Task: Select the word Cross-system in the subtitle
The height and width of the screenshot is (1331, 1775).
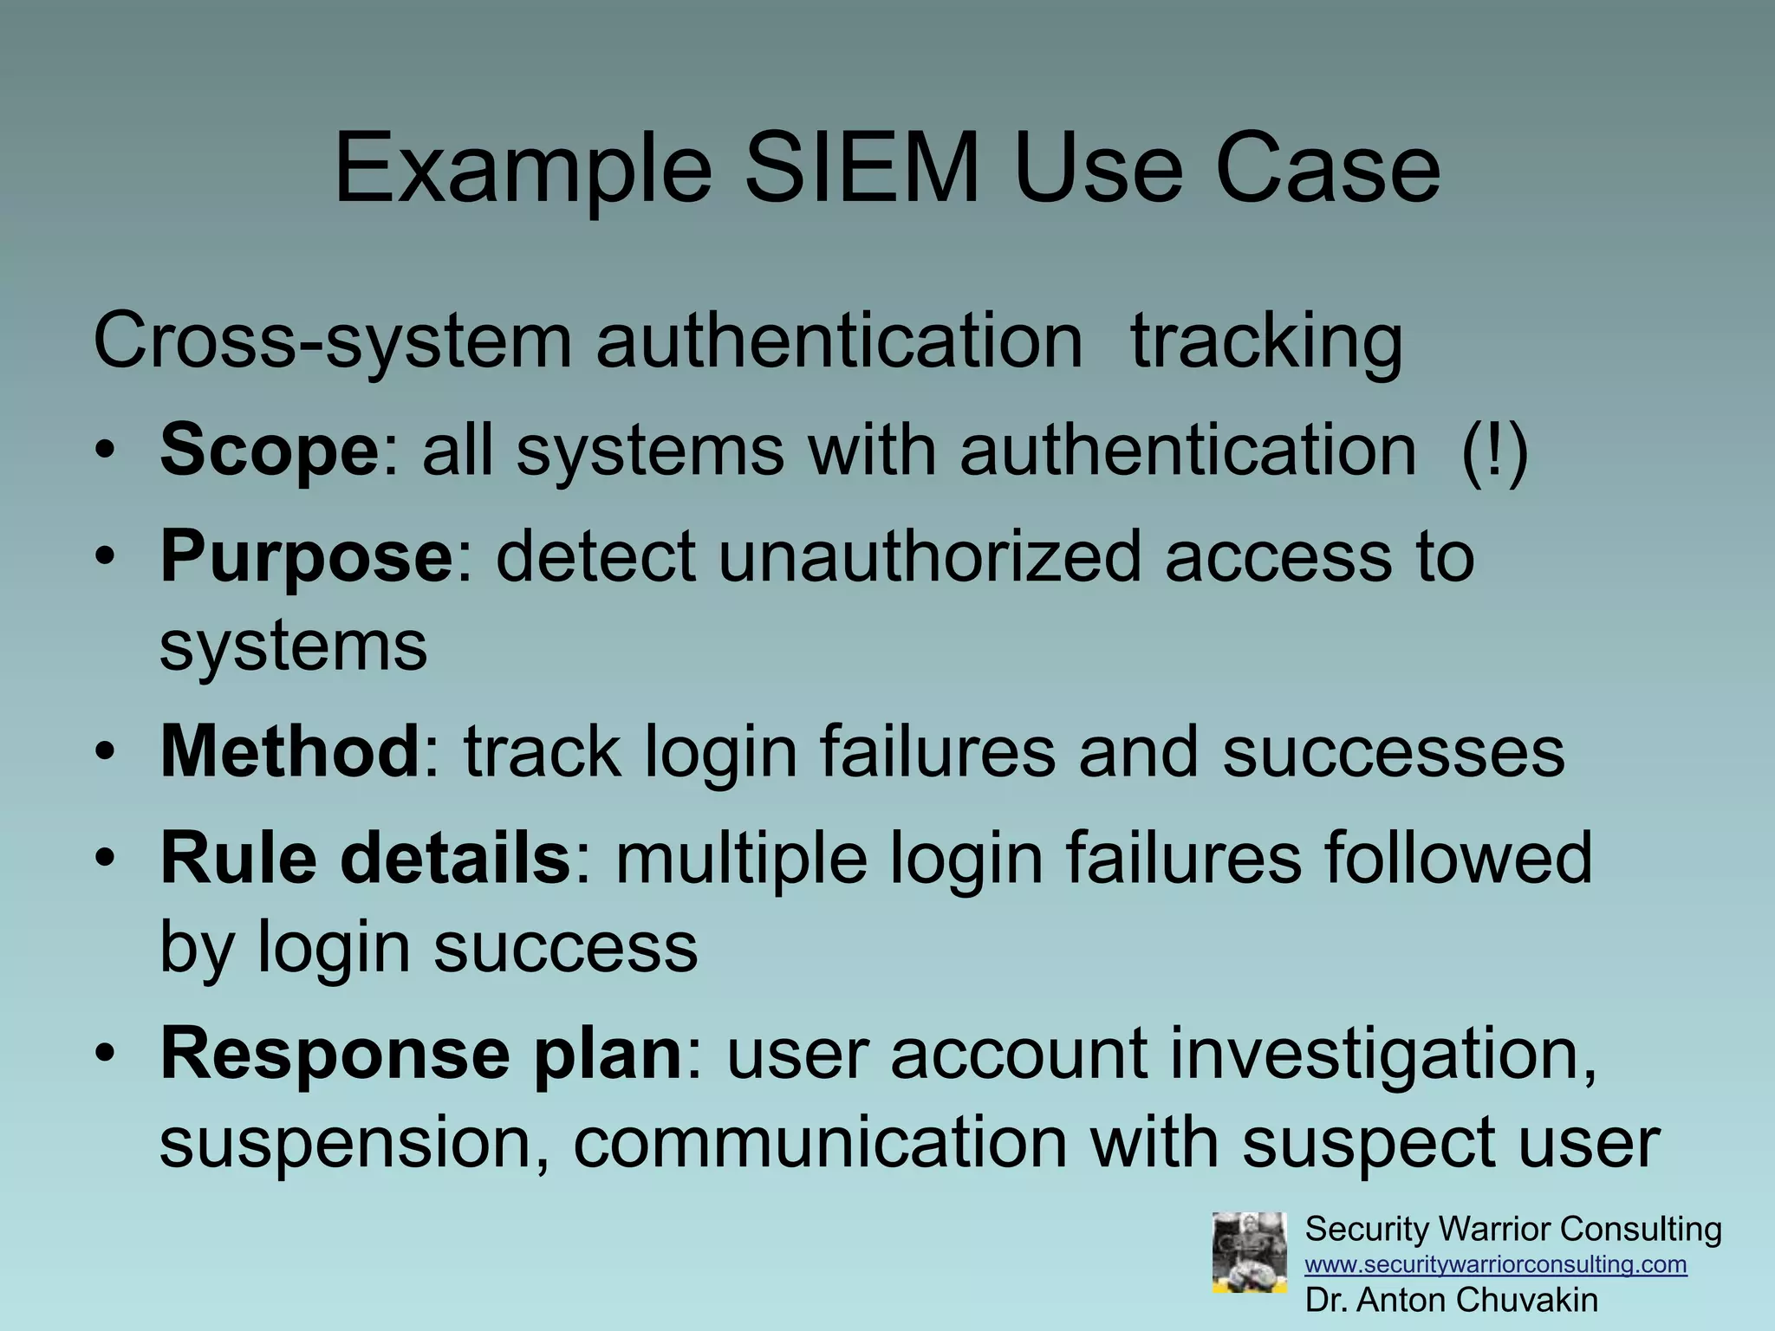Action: coord(332,341)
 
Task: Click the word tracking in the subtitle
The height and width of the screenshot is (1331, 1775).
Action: coord(1266,341)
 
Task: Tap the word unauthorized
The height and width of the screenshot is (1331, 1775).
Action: coord(929,556)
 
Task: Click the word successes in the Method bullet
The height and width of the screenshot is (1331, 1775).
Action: coord(1393,751)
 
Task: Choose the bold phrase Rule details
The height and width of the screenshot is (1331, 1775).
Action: coord(365,858)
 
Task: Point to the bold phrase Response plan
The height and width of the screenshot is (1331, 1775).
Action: coord(422,1053)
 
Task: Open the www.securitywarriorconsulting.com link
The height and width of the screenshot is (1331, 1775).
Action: coord(1496,1265)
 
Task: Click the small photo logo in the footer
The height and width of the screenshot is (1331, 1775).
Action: coord(1249,1253)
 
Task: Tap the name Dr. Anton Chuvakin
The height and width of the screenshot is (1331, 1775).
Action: coord(1452,1301)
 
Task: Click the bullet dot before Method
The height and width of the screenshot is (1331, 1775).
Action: coord(105,751)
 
